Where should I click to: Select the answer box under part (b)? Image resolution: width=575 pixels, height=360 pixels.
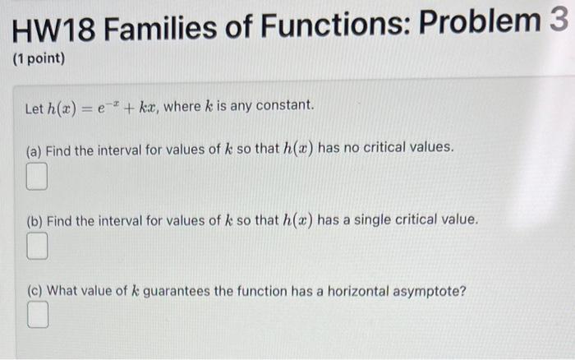36,245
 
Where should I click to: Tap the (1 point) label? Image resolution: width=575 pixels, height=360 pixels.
38,60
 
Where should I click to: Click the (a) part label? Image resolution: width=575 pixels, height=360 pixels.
34,150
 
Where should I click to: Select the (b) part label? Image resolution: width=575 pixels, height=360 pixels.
34,220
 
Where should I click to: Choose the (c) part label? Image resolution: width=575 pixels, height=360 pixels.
34,290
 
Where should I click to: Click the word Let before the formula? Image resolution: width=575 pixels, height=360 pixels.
34,106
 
